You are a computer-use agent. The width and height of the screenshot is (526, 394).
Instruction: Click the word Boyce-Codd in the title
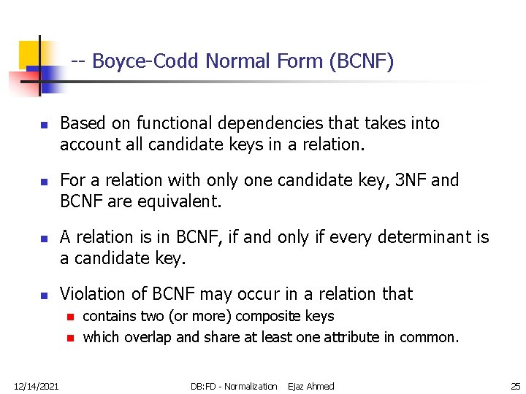[x=145, y=61]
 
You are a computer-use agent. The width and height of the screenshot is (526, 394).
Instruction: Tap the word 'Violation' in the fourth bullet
[x=93, y=294]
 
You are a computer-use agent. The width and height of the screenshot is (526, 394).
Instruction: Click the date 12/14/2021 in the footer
[x=37, y=386]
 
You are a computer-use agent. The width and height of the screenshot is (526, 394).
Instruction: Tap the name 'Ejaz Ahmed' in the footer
[x=310, y=386]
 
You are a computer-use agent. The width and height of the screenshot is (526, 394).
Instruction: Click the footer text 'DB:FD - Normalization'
[x=234, y=386]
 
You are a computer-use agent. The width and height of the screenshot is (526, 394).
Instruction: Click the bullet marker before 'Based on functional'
[x=43, y=125]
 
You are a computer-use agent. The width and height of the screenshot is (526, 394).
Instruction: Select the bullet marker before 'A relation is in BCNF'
[x=43, y=239]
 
